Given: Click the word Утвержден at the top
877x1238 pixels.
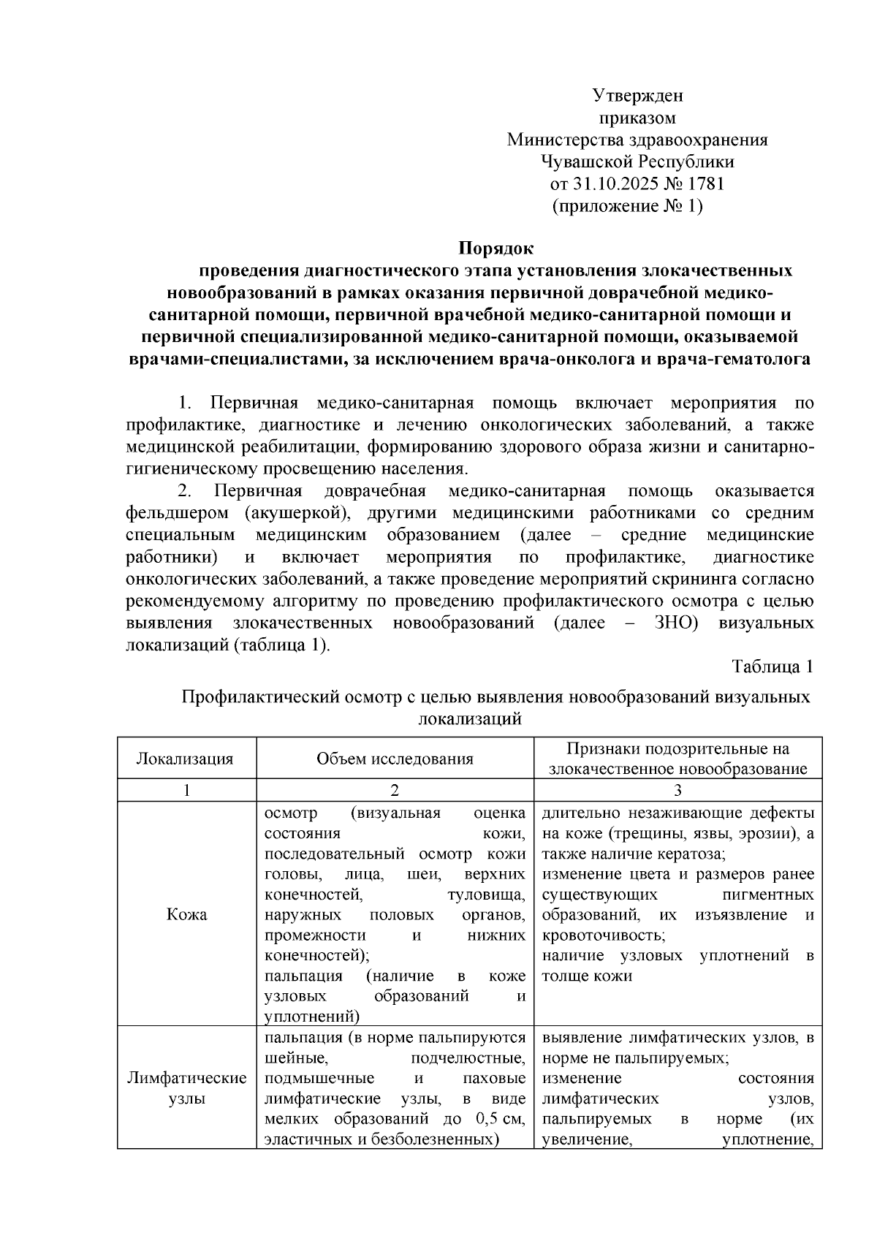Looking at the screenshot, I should click(637, 96).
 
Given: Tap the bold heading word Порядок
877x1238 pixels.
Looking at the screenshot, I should click(496, 249).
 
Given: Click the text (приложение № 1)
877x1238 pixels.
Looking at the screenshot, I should click(629, 206).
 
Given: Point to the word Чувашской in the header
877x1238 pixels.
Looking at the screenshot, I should click(588, 162).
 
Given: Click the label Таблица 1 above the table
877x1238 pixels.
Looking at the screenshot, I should click(772, 667).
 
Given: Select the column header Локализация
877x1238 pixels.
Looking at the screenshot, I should click(186, 759).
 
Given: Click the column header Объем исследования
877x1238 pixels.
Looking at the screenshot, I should click(395, 759).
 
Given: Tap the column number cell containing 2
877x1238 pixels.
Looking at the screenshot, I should click(395, 790).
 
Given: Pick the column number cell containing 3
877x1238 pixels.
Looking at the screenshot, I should click(677, 790).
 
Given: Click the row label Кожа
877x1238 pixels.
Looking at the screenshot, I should click(186, 914).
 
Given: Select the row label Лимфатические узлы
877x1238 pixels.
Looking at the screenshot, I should click(186, 1088).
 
